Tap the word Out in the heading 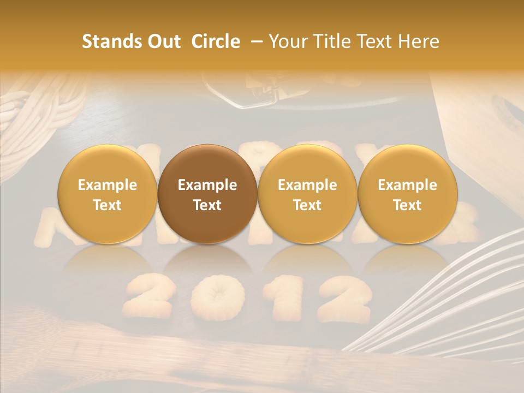pos(162,41)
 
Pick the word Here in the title pos(418,41)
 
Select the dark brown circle pos(207,194)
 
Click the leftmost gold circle pos(108,194)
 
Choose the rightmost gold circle pos(407,194)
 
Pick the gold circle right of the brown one pos(307,194)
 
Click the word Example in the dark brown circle pos(207,185)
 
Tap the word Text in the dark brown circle pos(207,205)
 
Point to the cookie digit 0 pos(213,297)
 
